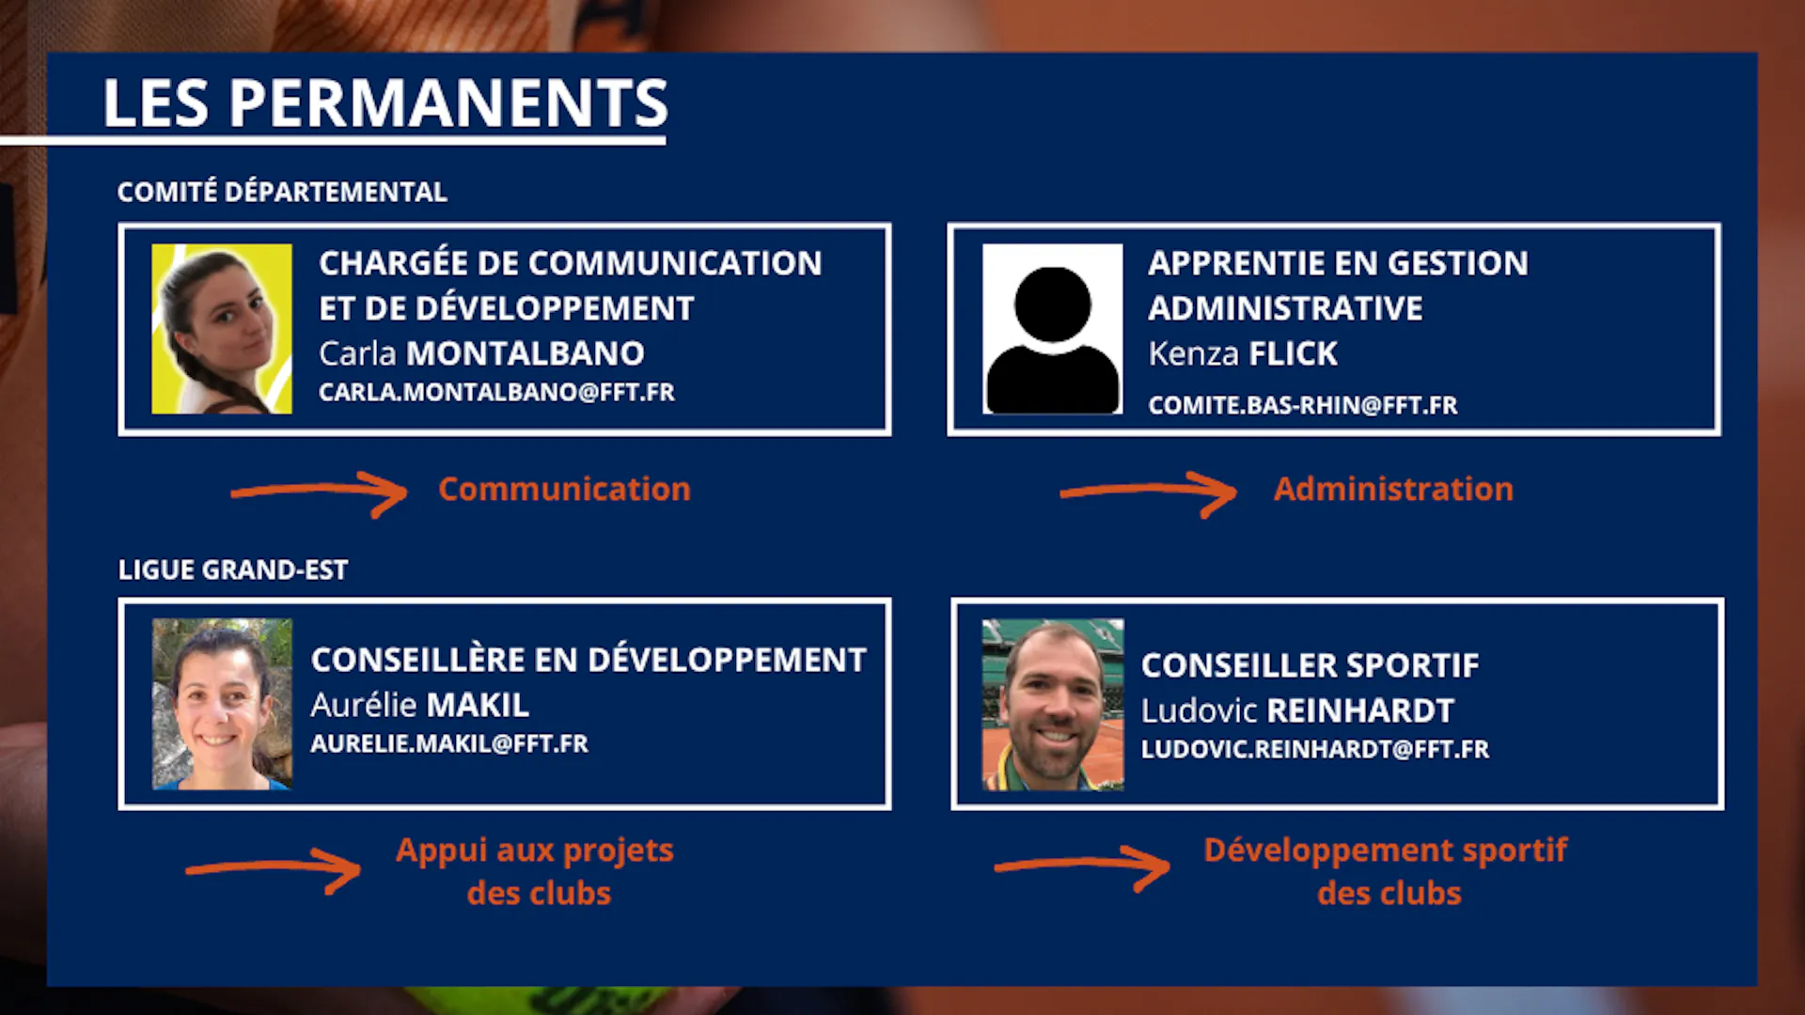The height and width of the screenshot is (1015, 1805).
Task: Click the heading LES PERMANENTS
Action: pyautogui.click(x=385, y=102)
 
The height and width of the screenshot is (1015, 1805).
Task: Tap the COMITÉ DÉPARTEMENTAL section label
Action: pyautogui.click(x=282, y=192)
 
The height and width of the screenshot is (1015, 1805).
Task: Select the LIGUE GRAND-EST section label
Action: pyautogui.click(x=233, y=570)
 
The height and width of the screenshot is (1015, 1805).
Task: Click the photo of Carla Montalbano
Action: pyautogui.click(x=222, y=329)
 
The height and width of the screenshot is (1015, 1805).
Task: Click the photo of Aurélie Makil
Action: pyautogui.click(x=222, y=704)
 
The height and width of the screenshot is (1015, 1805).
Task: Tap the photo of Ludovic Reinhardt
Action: pyautogui.click(x=1053, y=704)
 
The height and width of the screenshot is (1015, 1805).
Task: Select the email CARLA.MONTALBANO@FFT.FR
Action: pyautogui.click(x=496, y=392)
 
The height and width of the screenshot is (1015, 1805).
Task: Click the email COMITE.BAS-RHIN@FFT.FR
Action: pyautogui.click(x=1302, y=405)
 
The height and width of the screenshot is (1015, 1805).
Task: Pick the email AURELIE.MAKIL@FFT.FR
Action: pyautogui.click(x=449, y=743)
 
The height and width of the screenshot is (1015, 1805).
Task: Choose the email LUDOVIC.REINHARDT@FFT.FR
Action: pyautogui.click(x=1315, y=749)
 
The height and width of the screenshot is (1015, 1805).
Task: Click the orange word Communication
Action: pyautogui.click(x=564, y=489)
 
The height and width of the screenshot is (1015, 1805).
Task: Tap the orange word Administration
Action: pyautogui.click(x=1393, y=489)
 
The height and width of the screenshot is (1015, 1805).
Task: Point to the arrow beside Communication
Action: pyautogui.click(x=320, y=490)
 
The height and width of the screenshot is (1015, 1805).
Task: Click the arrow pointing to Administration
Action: pyautogui.click(x=1149, y=490)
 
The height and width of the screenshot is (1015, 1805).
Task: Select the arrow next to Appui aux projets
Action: pyautogui.click(x=274, y=867)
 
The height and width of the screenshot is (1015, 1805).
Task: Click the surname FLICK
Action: pyautogui.click(x=1293, y=353)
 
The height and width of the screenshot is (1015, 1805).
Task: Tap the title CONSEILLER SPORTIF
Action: pyautogui.click(x=1310, y=665)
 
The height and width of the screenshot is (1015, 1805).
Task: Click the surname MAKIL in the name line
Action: pyautogui.click(x=478, y=705)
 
